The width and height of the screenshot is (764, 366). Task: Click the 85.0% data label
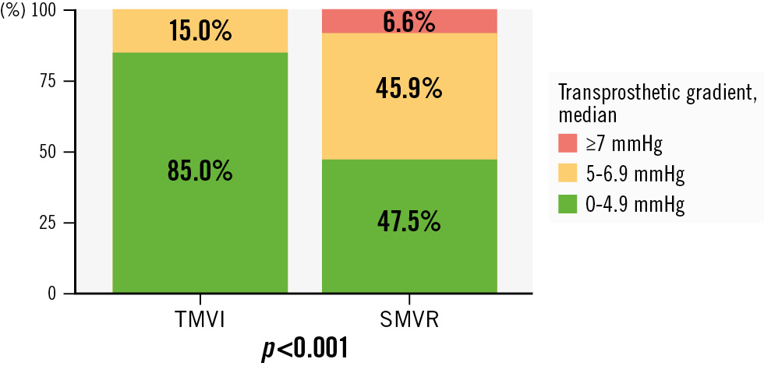tap(200, 171)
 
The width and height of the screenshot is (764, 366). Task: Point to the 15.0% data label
tap(200, 31)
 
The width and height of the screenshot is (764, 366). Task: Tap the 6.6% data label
tap(409, 22)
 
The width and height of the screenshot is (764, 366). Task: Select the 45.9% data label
tap(409, 90)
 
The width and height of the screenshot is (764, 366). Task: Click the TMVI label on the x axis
tap(199, 320)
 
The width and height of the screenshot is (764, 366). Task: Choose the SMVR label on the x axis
tap(409, 320)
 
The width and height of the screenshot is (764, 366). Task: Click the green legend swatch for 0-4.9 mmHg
tap(567, 203)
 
